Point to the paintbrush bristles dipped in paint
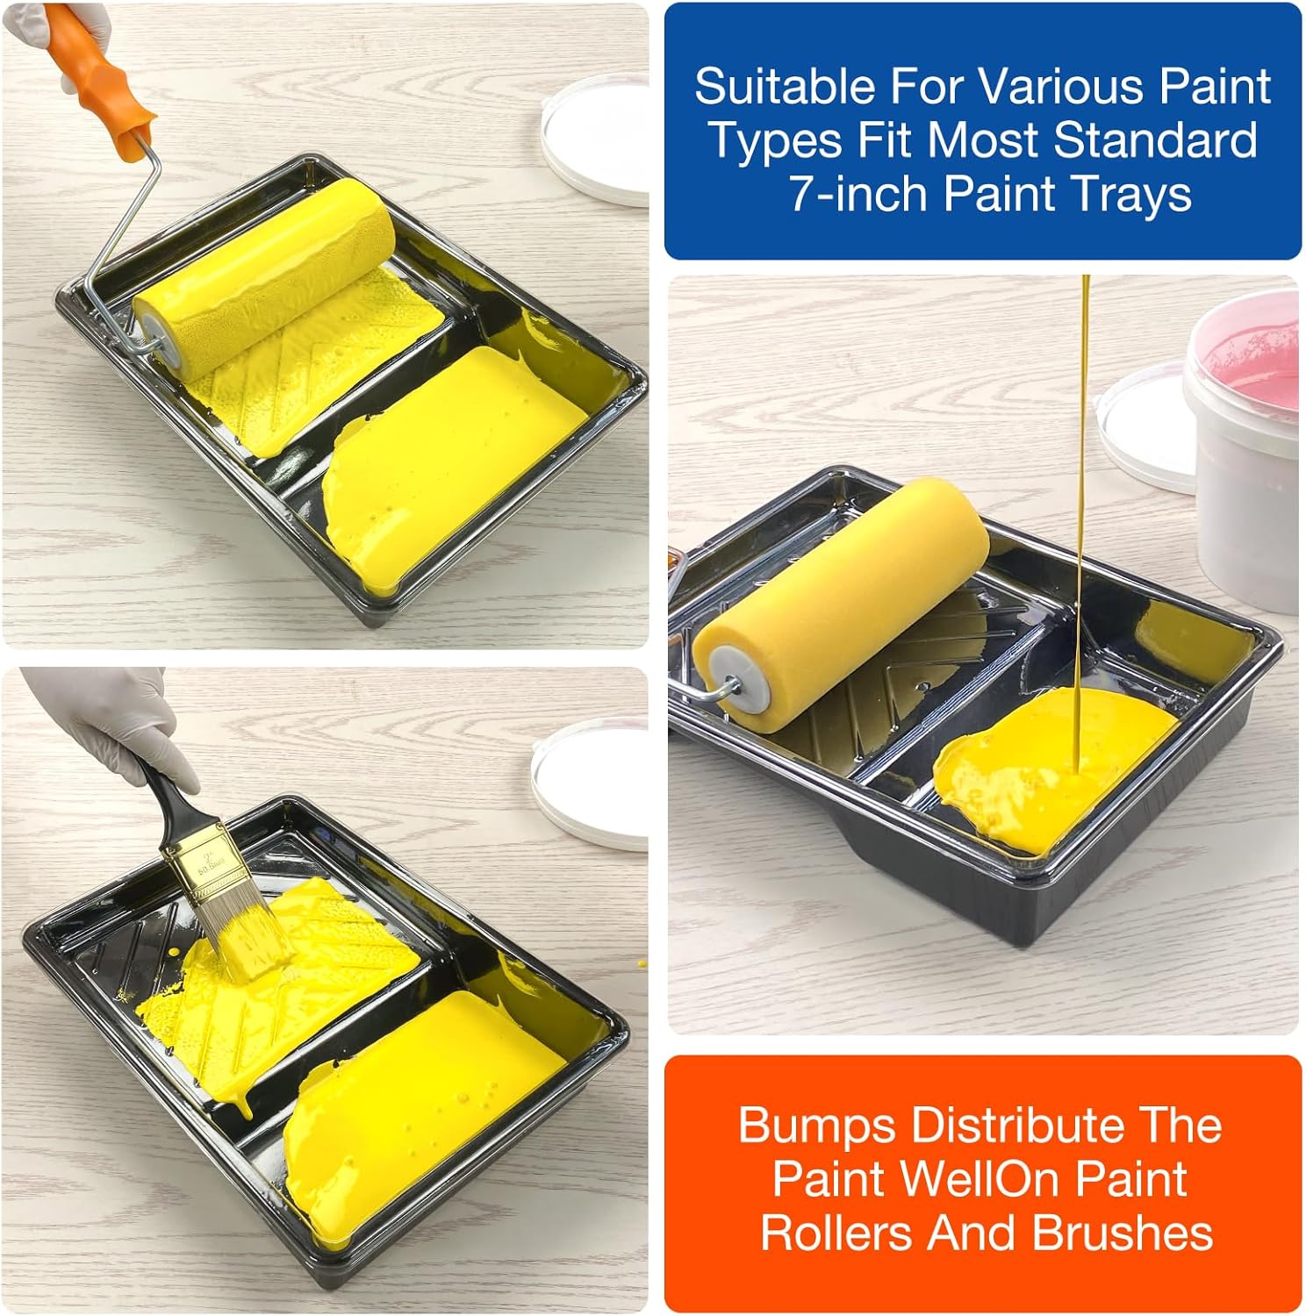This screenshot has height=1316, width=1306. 247,940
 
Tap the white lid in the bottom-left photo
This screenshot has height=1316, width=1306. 588,786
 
